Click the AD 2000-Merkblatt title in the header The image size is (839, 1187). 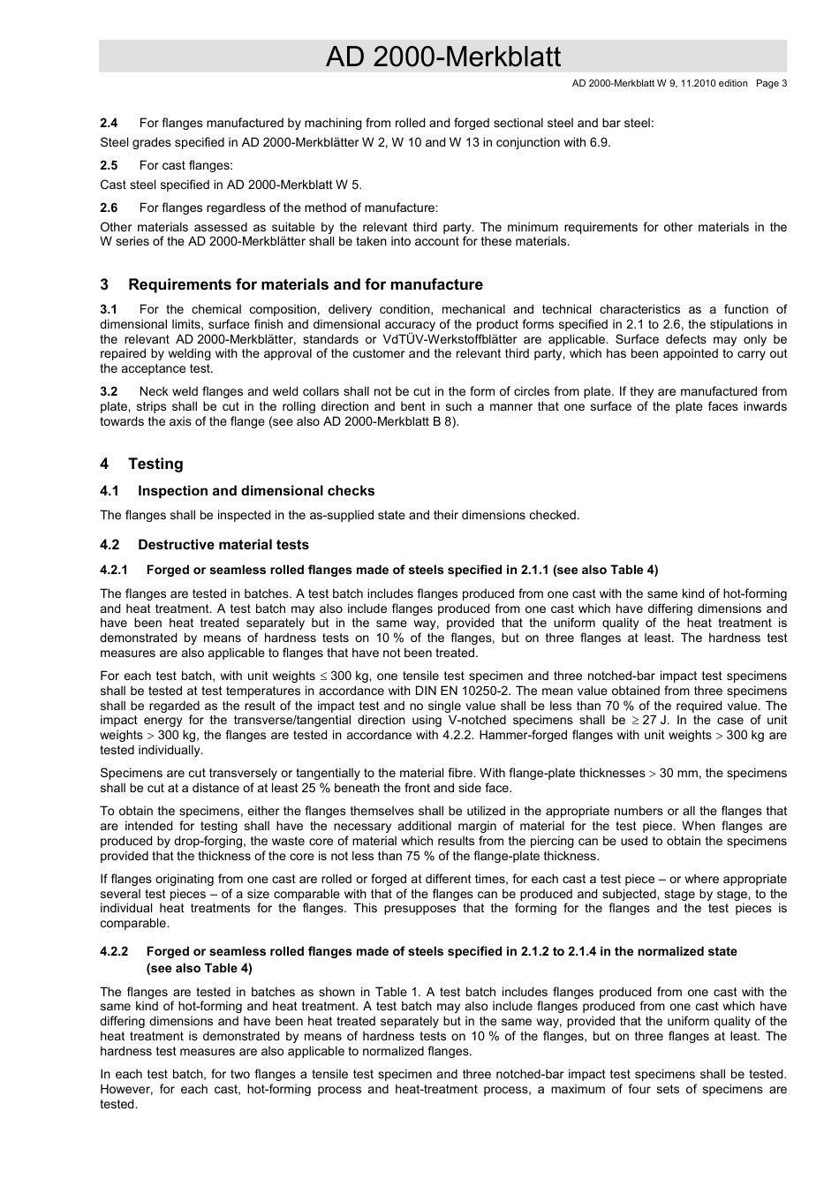tap(442, 57)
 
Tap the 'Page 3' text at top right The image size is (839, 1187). tap(771, 84)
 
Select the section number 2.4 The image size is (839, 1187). tap(109, 124)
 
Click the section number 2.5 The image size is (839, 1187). tap(109, 166)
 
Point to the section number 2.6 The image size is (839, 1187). tap(109, 208)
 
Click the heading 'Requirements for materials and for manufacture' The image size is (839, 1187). tap(305, 285)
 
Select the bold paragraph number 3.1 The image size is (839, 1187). tap(109, 310)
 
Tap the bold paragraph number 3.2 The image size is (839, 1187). tap(109, 392)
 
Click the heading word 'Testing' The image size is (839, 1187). tap(155, 465)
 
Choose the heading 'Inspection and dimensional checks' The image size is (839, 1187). tap(255, 491)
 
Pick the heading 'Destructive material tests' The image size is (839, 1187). tap(223, 545)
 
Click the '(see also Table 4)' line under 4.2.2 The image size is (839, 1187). tap(199, 968)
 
